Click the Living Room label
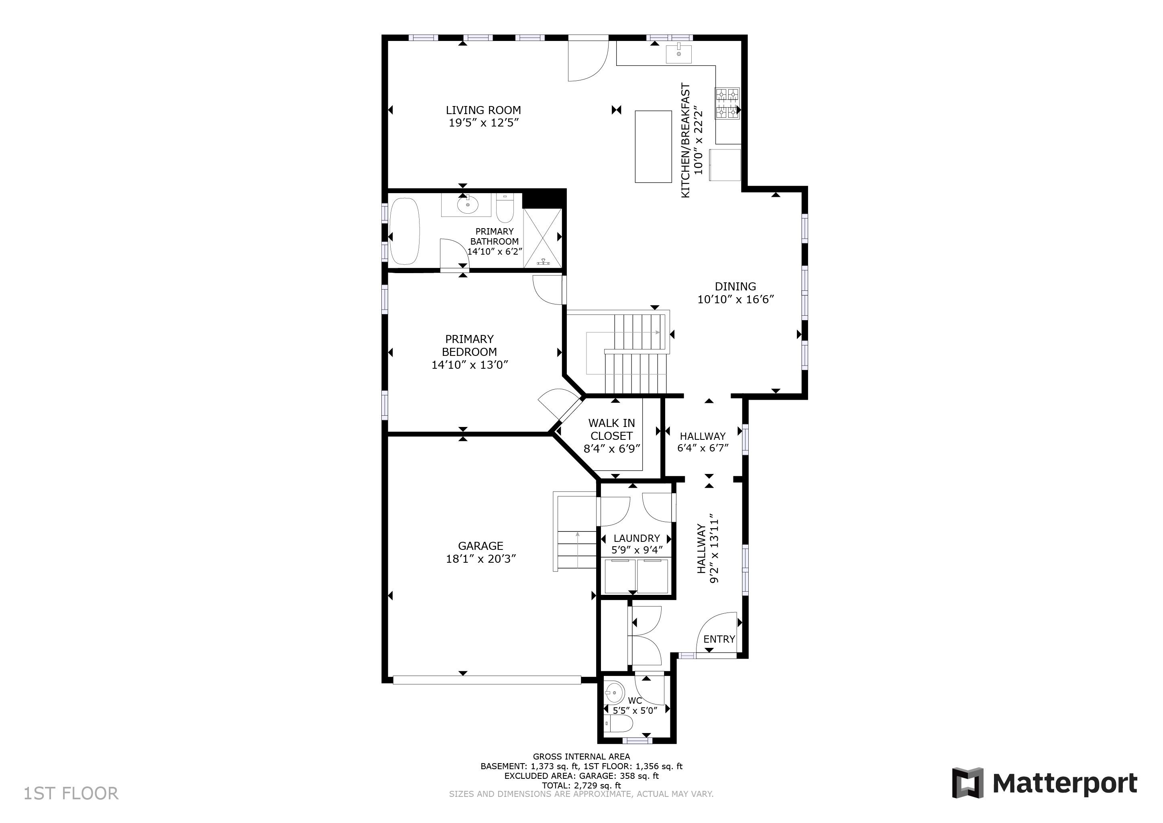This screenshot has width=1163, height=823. (x=483, y=110)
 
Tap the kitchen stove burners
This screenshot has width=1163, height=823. (x=727, y=103)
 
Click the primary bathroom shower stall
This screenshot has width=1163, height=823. (x=542, y=237)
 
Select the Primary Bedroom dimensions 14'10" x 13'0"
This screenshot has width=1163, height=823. (x=470, y=365)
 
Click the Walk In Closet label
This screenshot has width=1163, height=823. (x=611, y=429)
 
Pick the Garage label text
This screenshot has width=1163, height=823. (x=481, y=546)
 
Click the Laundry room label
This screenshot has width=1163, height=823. (x=637, y=538)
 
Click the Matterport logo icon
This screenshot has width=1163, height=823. (x=967, y=783)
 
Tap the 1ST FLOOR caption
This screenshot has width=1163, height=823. (x=71, y=793)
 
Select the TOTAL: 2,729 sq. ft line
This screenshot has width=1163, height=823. (x=581, y=786)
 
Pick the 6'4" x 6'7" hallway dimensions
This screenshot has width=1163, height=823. (x=703, y=448)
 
